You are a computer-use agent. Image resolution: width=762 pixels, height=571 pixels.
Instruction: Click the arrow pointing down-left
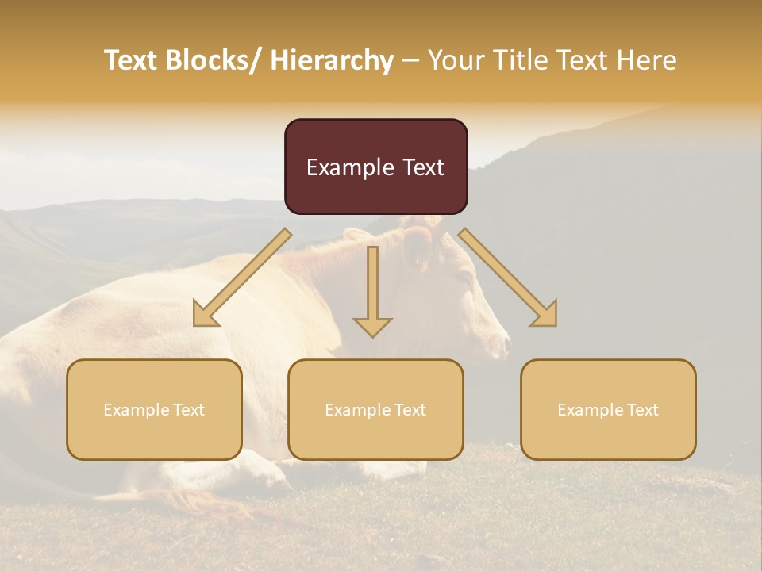[x=242, y=278]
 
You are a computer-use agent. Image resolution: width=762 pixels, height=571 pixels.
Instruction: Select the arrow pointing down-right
[x=508, y=278]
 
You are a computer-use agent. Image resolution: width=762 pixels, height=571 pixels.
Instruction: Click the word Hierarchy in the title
[x=332, y=60]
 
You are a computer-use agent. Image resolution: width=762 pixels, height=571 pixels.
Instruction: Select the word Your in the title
[x=455, y=60]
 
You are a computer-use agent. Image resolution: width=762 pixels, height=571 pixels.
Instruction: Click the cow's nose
[x=505, y=343]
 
